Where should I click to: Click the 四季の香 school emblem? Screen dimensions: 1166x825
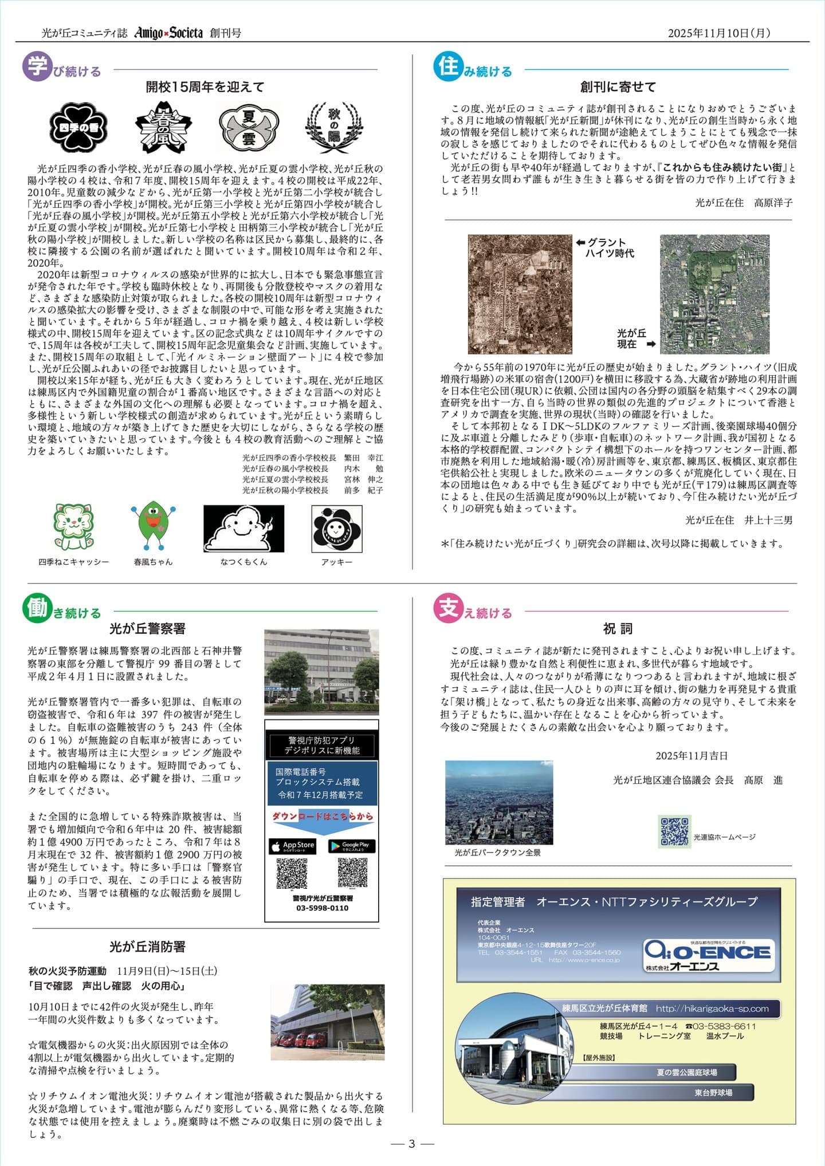pyautogui.click(x=78, y=127)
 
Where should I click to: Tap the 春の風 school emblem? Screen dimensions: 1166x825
pyautogui.click(x=163, y=127)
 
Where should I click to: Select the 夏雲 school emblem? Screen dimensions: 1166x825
pyautogui.click(x=249, y=127)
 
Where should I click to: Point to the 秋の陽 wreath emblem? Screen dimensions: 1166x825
pyautogui.click(x=334, y=127)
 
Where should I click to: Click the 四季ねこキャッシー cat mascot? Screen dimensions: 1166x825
pyautogui.click(x=73, y=526)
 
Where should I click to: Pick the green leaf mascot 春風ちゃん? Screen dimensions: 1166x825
pyautogui.click(x=153, y=526)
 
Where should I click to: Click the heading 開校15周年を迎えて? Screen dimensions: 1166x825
pyautogui.click(x=205, y=87)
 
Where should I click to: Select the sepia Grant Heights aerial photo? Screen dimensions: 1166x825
pyautogui.click(x=520, y=294)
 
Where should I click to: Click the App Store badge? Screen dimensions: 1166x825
pyautogui.click(x=292, y=846)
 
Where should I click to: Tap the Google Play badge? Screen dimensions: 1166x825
pyautogui.click(x=352, y=846)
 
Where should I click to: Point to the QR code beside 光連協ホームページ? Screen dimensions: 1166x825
pyautogui.click(x=674, y=832)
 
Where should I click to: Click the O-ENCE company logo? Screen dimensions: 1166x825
pyautogui.click(x=709, y=955)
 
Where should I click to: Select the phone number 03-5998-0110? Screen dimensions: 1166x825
pyautogui.click(x=322, y=908)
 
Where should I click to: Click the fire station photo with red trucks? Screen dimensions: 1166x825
pyautogui.click(x=327, y=1022)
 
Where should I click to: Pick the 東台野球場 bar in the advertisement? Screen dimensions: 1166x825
pyautogui.click(x=713, y=1093)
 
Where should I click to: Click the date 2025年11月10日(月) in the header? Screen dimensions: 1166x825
pyautogui.click(x=719, y=33)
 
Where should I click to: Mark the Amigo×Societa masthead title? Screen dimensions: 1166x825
pyautogui.click(x=168, y=33)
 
